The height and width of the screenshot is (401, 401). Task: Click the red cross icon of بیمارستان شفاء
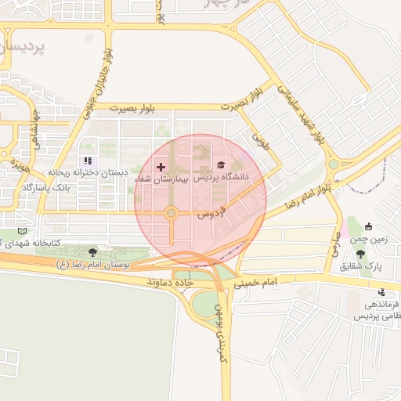click(x=161, y=167)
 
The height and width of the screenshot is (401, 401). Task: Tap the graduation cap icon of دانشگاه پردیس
click(x=221, y=165)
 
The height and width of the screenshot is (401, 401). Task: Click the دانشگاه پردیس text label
click(x=221, y=178)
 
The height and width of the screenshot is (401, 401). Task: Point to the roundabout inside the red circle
click(x=171, y=213)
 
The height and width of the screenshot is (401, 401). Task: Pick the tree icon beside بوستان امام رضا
click(x=93, y=252)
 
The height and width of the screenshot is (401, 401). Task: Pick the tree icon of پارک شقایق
click(x=360, y=254)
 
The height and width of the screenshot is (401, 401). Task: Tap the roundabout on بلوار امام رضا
click(x=334, y=164)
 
